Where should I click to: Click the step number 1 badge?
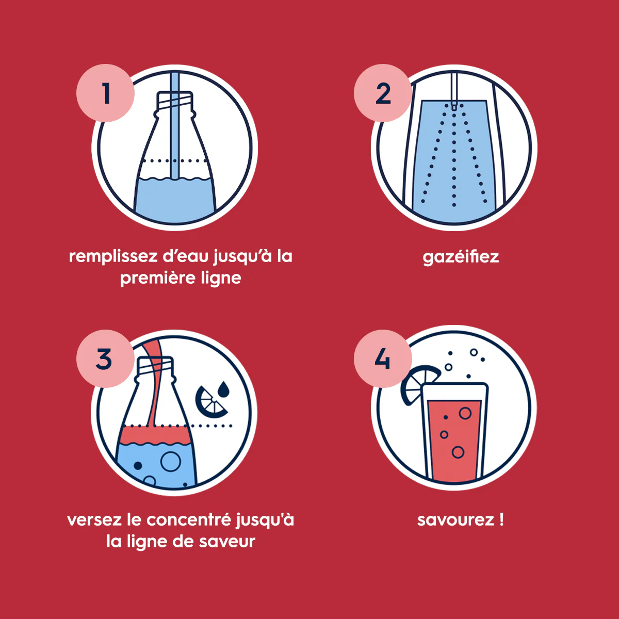point(105,93)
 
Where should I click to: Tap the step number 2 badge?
point(383,93)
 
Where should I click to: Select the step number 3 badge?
point(105,359)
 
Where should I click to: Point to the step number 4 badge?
point(383,359)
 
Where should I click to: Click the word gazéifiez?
point(461,257)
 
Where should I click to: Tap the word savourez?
point(455,520)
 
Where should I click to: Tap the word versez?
point(94,520)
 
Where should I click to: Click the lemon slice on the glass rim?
point(418,384)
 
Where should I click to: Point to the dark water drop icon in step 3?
point(223,389)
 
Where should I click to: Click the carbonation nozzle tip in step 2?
point(453,107)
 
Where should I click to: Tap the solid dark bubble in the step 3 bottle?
point(138,465)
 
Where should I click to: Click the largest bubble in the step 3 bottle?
point(171,461)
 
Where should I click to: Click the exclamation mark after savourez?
point(501,519)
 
